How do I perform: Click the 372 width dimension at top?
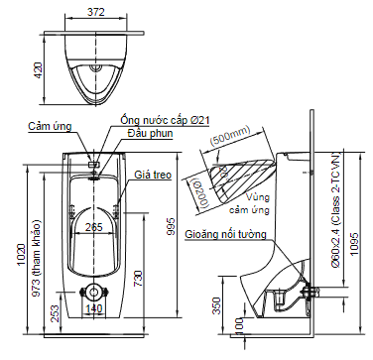[96, 12]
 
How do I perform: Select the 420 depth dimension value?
[38, 70]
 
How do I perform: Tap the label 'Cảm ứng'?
[50, 126]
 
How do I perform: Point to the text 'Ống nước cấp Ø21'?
[165, 120]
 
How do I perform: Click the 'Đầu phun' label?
[150, 133]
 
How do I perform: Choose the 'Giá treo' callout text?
[153, 175]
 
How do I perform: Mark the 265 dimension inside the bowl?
[94, 227]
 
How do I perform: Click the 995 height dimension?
[172, 226]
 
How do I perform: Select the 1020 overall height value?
[21, 255]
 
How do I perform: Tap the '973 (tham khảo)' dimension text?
[37, 258]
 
